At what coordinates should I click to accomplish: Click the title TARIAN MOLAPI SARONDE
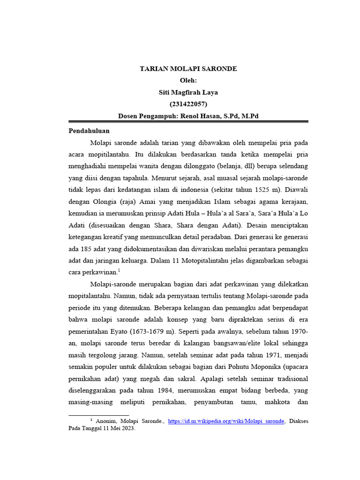188,69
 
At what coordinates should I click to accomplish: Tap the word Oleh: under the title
188,81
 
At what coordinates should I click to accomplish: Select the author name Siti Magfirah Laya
188,92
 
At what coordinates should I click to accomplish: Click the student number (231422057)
188,104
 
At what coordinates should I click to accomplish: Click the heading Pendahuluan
89,131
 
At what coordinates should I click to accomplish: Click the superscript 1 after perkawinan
120,270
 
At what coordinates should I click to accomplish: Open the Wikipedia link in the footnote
226,421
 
